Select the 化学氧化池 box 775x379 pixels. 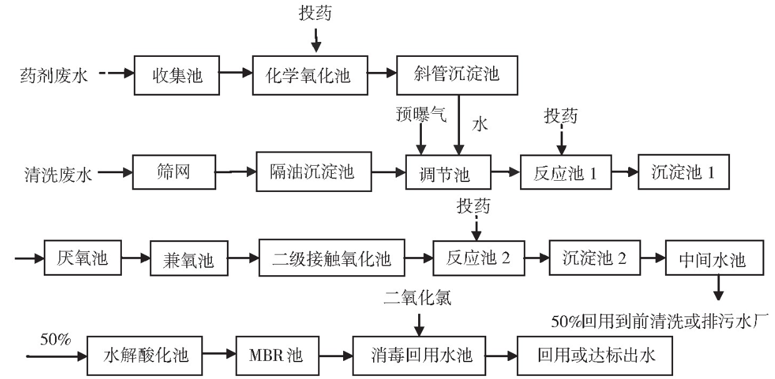311,75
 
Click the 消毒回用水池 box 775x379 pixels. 419,355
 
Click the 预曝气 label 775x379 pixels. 421,114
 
